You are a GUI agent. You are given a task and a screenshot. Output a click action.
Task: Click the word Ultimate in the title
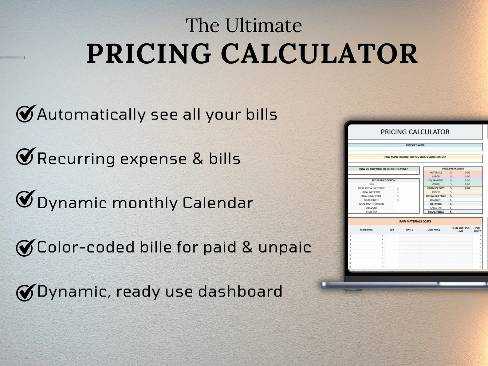(x=263, y=26)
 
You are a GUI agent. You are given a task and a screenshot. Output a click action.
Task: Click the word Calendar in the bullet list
(x=218, y=203)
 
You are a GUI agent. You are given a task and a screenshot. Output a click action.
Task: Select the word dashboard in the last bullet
(x=240, y=291)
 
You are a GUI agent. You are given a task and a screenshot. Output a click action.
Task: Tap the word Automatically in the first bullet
(x=91, y=115)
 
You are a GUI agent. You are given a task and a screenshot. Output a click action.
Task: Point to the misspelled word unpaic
(x=285, y=247)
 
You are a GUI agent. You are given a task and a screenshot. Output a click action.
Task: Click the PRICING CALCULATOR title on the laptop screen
(x=415, y=132)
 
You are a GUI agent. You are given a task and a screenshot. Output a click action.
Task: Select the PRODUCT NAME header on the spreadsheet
(x=415, y=145)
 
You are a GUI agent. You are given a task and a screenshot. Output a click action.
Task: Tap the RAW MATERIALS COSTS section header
(x=415, y=221)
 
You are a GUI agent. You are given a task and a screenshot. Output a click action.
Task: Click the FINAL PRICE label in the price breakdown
(x=436, y=212)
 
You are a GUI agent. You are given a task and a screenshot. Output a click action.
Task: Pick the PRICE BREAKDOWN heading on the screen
(x=453, y=169)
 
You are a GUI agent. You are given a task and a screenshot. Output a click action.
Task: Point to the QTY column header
(x=392, y=230)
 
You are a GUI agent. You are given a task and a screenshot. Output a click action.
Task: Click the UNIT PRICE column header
(x=434, y=230)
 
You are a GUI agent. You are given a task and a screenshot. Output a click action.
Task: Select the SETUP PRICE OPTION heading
(x=383, y=180)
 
